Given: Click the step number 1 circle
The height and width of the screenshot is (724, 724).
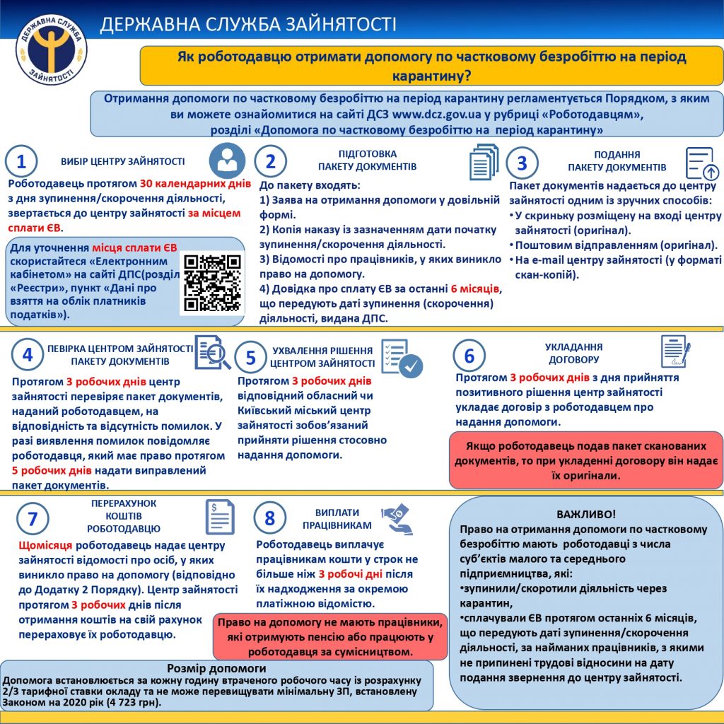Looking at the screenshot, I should (21, 162).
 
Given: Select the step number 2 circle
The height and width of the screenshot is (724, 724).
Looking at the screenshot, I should (270, 162).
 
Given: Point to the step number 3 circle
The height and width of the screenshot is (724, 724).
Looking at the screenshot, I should (522, 163).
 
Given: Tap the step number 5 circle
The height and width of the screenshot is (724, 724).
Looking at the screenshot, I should (250, 358).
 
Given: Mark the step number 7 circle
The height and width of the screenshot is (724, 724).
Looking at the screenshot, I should (32, 518).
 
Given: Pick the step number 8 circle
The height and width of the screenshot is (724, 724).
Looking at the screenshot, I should (269, 518).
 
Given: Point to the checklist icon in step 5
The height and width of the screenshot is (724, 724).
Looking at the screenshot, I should (401, 357).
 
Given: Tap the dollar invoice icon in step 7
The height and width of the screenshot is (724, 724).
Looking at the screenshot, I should (220, 517).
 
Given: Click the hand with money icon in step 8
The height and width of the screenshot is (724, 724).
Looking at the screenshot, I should (397, 518).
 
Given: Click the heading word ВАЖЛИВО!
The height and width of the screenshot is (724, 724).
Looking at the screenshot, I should (587, 514).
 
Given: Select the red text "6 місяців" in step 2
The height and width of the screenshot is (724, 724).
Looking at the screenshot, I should (475, 289).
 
